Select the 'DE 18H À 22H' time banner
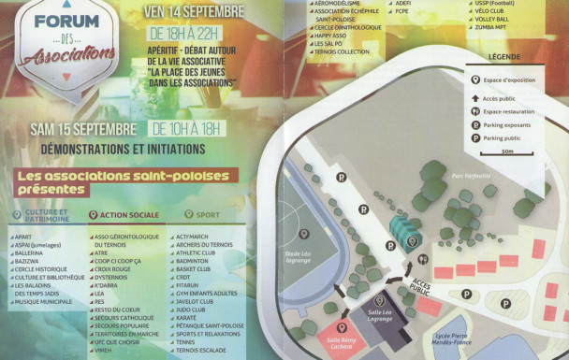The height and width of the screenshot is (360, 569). [x=193, y=33]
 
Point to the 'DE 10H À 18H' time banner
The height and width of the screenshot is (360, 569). [x=194, y=127]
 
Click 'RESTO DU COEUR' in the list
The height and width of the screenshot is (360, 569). [x=116, y=309]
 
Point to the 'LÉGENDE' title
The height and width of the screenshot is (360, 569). [x=504, y=56]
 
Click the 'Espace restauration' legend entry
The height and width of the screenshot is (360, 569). [x=513, y=110]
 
